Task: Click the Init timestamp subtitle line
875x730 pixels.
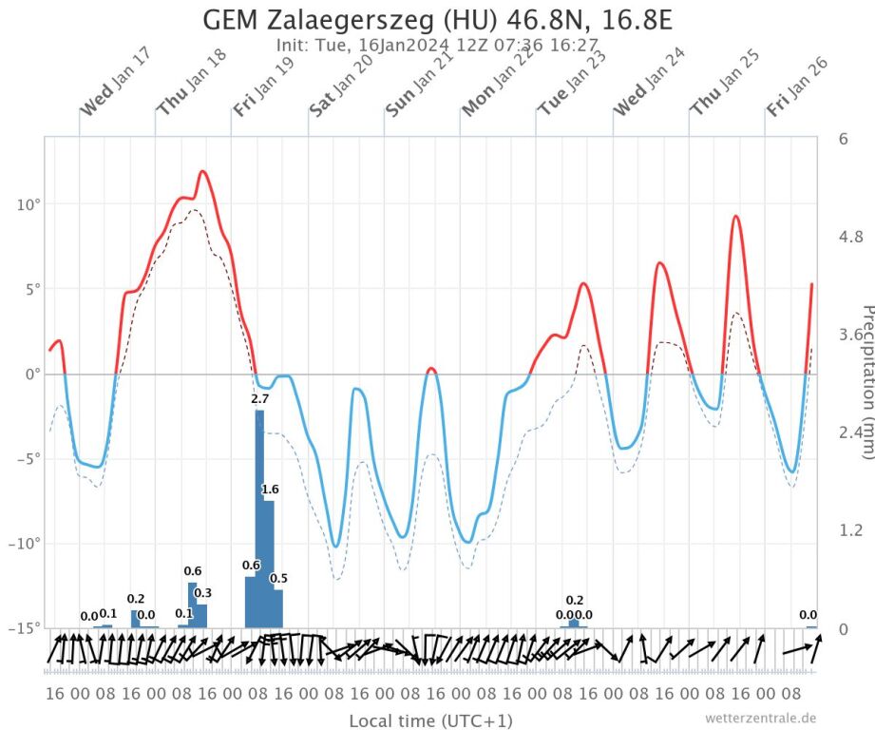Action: tap(437, 45)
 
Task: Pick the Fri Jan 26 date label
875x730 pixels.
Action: tap(798, 86)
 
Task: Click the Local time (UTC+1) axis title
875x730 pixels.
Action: tap(430, 720)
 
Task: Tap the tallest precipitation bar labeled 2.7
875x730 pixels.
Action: tap(259, 518)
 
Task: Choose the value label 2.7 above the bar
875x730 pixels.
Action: tap(259, 399)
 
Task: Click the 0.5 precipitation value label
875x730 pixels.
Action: tap(278, 579)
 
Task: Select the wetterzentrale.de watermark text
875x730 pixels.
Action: tap(760, 718)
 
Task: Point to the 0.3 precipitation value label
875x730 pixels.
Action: tap(202, 593)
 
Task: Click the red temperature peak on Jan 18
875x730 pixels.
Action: tap(202, 171)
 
